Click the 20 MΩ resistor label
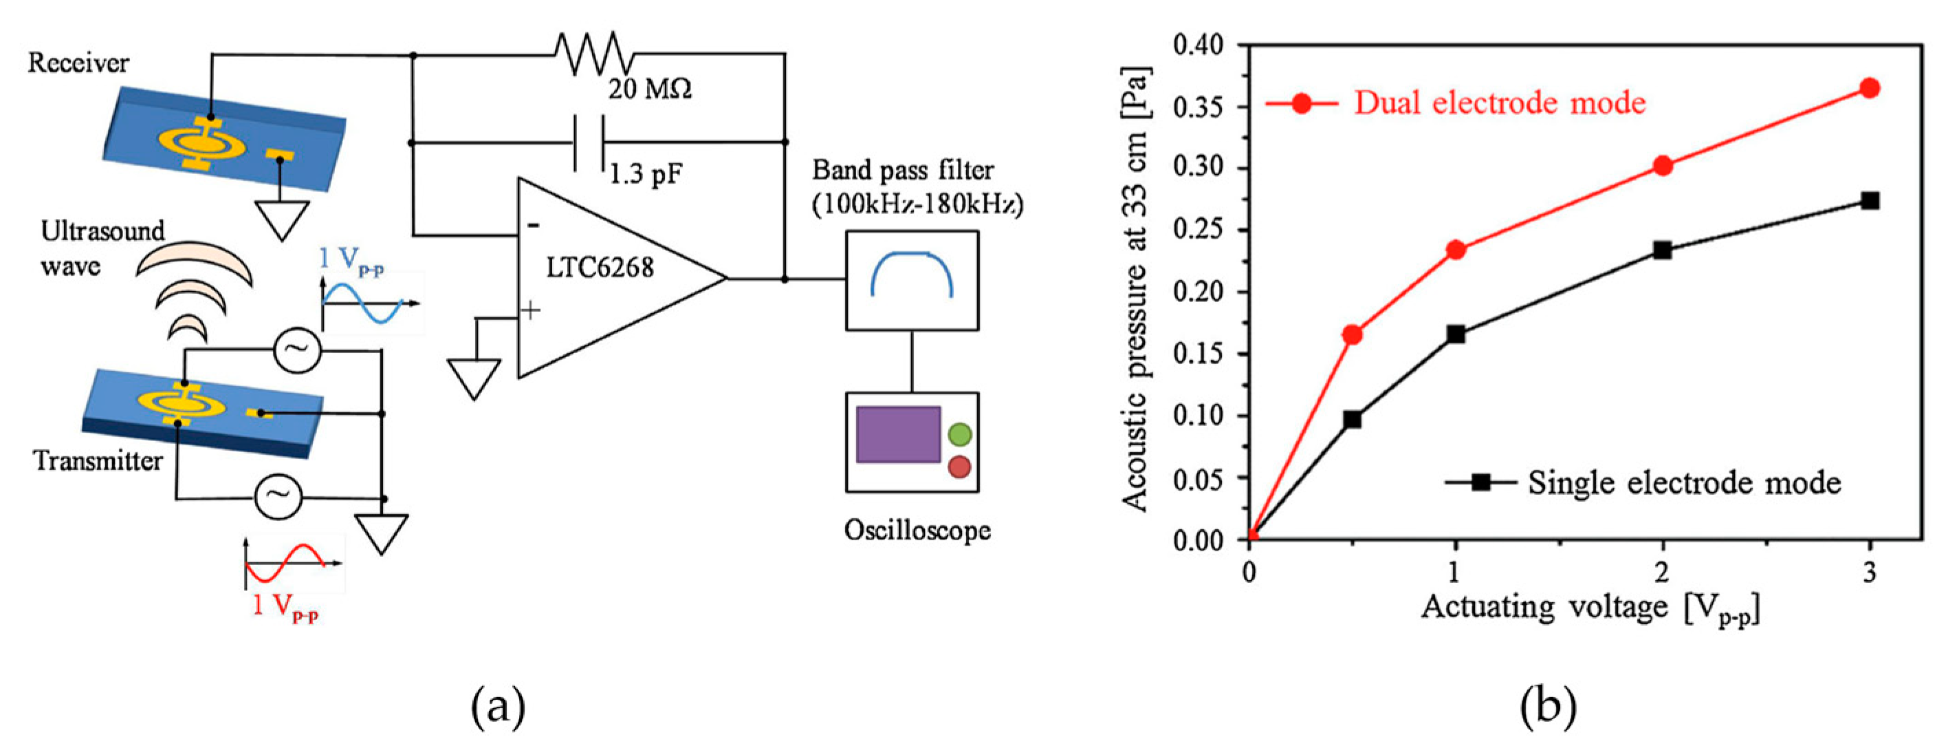click(650, 90)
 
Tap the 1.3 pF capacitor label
click(645, 175)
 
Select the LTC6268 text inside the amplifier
click(600, 267)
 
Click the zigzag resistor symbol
click(593, 53)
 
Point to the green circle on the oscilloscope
click(959, 434)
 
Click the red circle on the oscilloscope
click(959, 467)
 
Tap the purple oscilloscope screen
click(897, 434)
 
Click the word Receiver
click(78, 63)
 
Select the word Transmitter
click(98, 461)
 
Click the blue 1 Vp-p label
click(350, 259)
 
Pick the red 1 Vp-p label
click(285, 606)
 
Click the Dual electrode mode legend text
click(1499, 103)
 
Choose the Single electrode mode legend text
click(1683, 482)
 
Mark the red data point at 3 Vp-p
click(1870, 89)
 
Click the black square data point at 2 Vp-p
click(1662, 250)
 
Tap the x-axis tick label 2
click(1661, 572)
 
